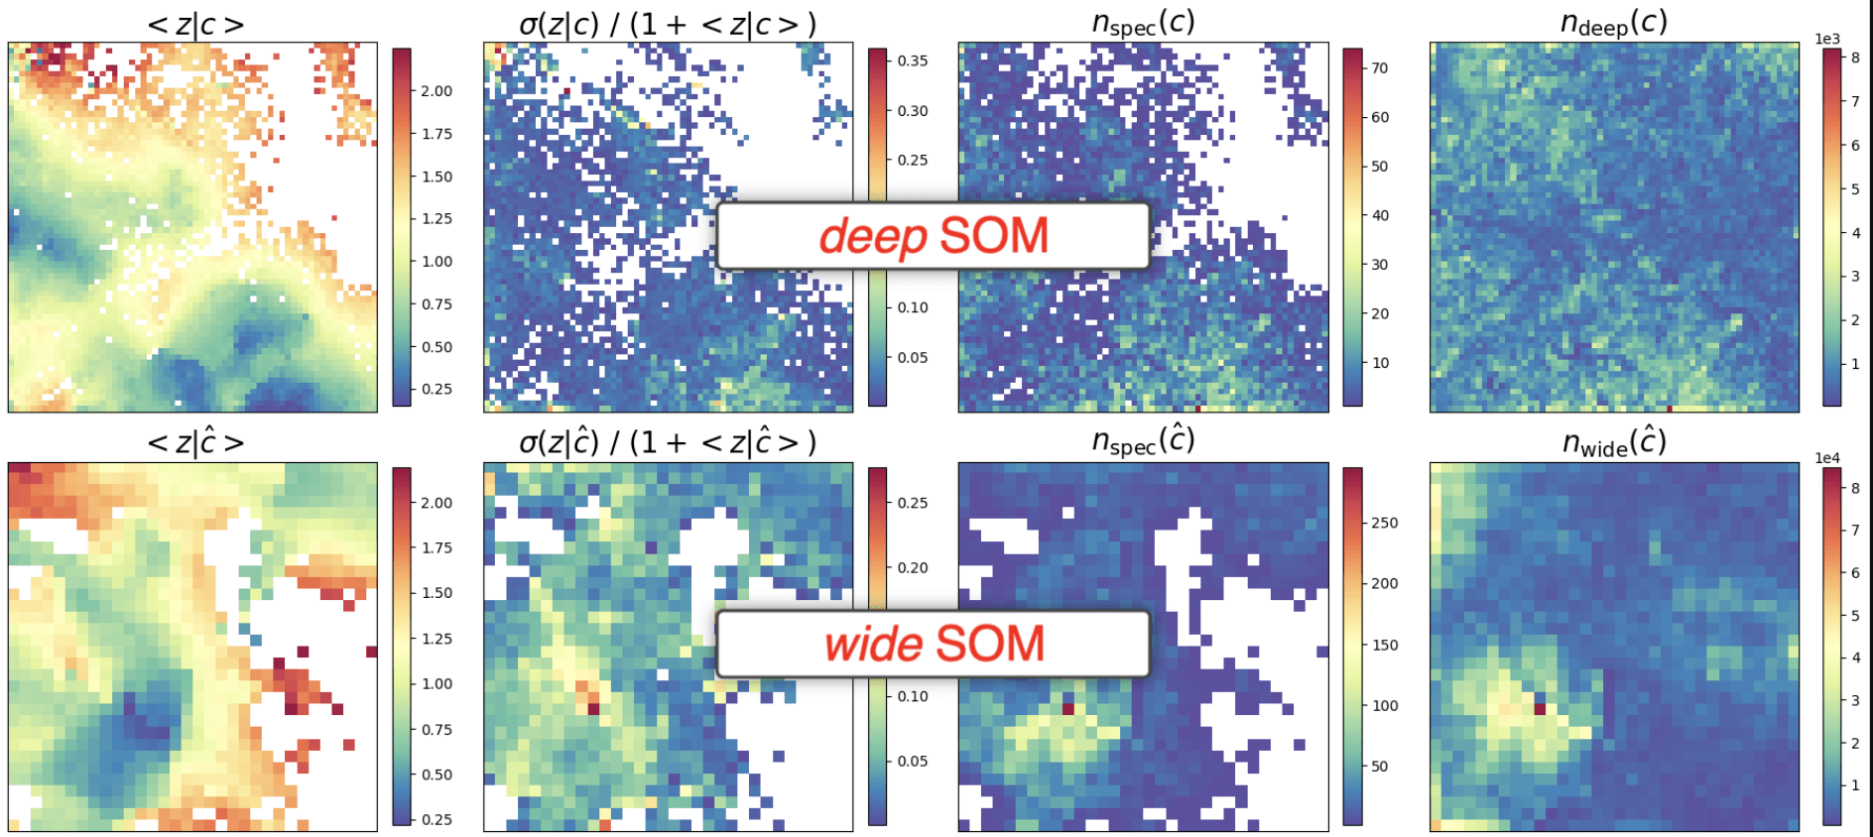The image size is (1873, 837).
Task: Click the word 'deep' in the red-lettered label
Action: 873,237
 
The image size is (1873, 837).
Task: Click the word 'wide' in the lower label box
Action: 874,644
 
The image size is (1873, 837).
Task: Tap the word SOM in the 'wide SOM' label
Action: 990,644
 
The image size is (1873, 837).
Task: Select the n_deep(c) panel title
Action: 1614,22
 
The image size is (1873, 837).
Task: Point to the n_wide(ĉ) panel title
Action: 1614,441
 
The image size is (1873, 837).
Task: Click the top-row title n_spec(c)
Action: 1143,22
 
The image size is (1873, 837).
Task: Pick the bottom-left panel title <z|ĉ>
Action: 195,441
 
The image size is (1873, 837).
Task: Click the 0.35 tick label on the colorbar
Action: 913,60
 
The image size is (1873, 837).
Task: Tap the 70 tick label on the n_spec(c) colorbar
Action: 1380,67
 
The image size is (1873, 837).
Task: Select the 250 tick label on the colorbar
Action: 1385,523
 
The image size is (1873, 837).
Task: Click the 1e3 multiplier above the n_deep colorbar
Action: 1827,39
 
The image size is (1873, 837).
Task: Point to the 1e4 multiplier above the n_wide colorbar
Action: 1827,458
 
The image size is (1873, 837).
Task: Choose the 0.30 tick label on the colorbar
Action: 913,110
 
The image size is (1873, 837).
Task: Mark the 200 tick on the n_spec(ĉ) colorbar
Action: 1385,583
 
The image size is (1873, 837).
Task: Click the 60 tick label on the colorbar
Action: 1380,116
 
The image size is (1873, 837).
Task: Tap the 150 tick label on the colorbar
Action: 1385,645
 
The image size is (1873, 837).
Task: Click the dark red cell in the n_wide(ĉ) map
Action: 1540,709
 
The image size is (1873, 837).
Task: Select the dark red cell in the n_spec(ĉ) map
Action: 1068,709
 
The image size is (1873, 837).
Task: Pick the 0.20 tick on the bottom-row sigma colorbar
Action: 913,567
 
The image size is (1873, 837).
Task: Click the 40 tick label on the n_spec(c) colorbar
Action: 1380,214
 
